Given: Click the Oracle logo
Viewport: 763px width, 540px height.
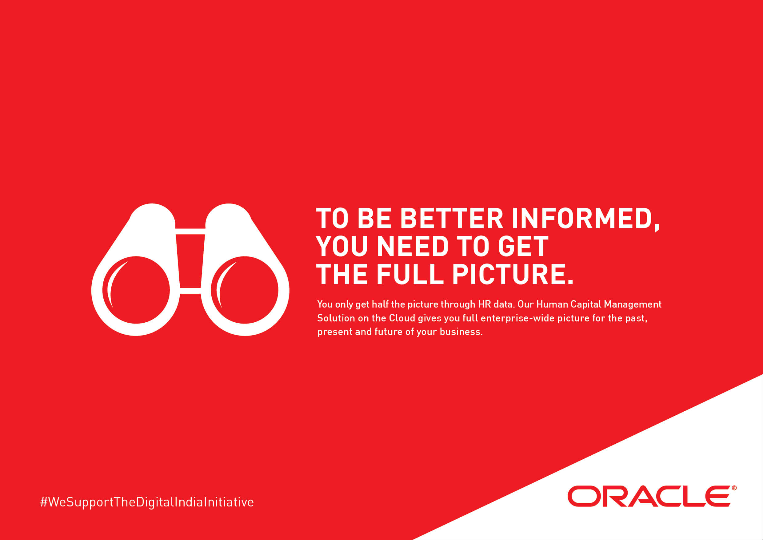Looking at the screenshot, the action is point(652,496).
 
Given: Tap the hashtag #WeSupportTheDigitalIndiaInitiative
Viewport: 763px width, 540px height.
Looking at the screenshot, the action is point(147,502).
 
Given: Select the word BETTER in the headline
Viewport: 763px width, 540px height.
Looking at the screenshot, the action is point(452,219).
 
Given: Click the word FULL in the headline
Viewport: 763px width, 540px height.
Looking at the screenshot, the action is point(410,274).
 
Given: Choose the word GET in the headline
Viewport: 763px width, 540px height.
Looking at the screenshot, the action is point(523,246).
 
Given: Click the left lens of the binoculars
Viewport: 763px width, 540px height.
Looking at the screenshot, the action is point(136,290).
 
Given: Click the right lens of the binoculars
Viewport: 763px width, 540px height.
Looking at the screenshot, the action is point(244,290).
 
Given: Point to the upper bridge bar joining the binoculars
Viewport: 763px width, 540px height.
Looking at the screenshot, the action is point(190,232).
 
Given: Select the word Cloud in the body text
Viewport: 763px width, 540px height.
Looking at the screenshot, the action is point(402,318).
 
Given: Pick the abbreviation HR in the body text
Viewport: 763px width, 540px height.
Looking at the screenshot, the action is point(484,304).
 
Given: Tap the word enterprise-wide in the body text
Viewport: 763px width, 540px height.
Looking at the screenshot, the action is point(517,319).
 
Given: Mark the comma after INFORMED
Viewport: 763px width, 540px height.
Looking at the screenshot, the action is point(657,228).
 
